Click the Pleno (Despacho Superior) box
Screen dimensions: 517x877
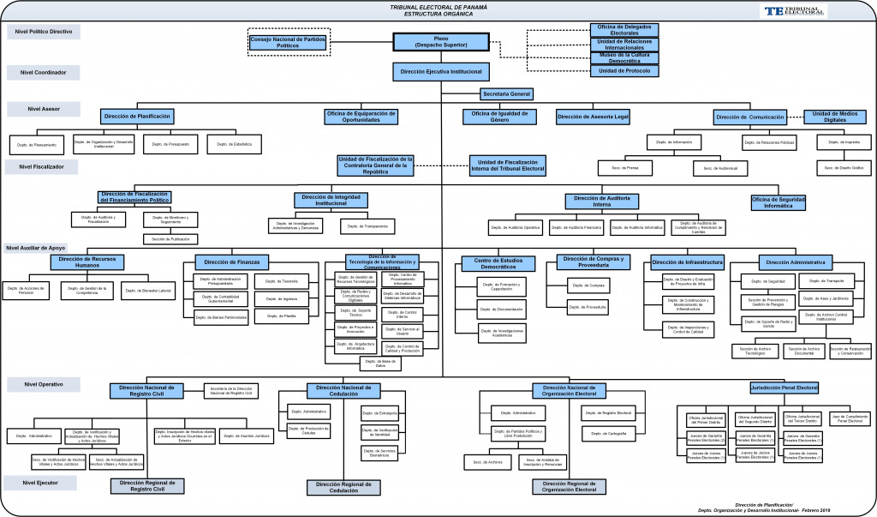[x=441, y=41]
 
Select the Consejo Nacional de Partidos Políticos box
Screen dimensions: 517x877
[x=288, y=41]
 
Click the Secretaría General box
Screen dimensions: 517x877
[x=507, y=93]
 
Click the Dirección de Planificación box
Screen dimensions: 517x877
[x=137, y=116]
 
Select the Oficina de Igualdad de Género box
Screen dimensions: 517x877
[x=499, y=116]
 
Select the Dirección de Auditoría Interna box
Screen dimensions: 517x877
[x=601, y=201]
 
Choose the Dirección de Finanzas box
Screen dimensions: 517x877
[x=232, y=262]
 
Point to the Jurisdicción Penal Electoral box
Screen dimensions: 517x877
[x=784, y=388]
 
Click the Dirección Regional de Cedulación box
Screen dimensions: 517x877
[x=343, y=487]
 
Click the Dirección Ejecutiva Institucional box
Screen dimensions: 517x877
[x=441, y=71]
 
